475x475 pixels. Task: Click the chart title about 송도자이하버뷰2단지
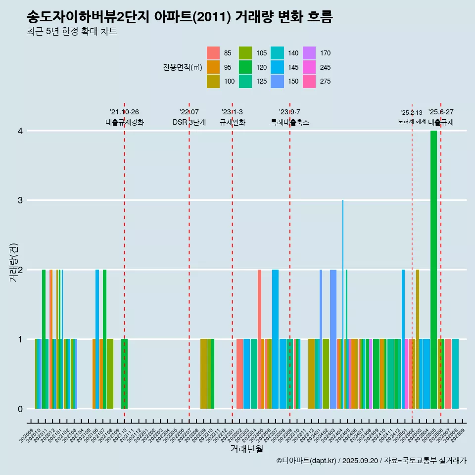[x=180, y=17]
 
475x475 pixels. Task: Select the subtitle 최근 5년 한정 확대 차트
[x=72, y=32]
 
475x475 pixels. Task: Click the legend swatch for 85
[x=213, y=53]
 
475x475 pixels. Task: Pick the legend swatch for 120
[x=245, y=67]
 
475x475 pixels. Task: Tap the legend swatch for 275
[x=309, y=82]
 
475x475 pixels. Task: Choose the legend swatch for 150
[x=278, y=82]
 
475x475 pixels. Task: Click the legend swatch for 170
[x=309, y=53]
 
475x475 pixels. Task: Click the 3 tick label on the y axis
[x=20, y=200]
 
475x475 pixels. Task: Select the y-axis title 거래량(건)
[x=14, y=262]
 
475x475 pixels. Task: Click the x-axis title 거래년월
[x=246, y=449]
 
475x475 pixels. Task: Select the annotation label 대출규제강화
[x=125, y=122]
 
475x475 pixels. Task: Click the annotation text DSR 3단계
[x=189, y=122]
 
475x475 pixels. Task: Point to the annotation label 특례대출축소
[x=290, y=122]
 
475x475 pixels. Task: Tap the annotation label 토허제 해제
[x=412, y=121]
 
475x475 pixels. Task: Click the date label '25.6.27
[x=441, y=112]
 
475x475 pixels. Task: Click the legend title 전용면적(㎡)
[x=183, y=67]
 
